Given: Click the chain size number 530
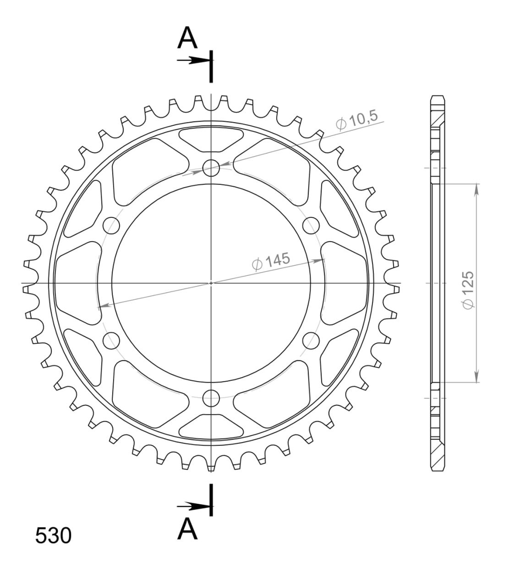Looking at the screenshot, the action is [x=53, y=536].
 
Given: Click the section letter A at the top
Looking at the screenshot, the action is [x=187, y=38].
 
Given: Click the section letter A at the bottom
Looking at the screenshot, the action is [x=187, y=529].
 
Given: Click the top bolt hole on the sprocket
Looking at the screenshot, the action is [x=211, y=168].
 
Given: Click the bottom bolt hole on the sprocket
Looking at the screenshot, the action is [x=211, y=398].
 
